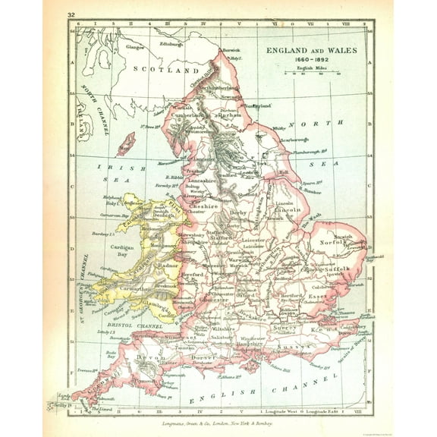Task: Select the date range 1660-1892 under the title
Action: tap(307, 59)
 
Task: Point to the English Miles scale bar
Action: tap(311, 74)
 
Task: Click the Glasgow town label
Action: tap(135, 46)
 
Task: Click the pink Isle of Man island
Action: tap(124, 143)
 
